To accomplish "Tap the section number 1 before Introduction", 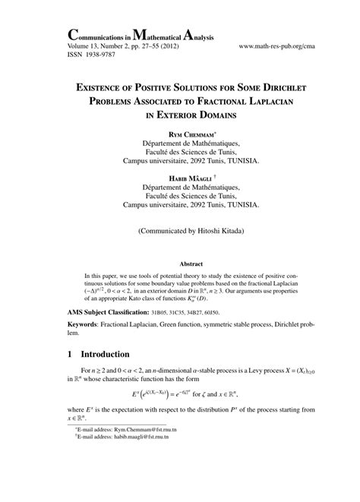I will pyautogui.click(x=71, y=354).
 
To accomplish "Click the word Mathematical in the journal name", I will pyautogui.click(x=178, y=33).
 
